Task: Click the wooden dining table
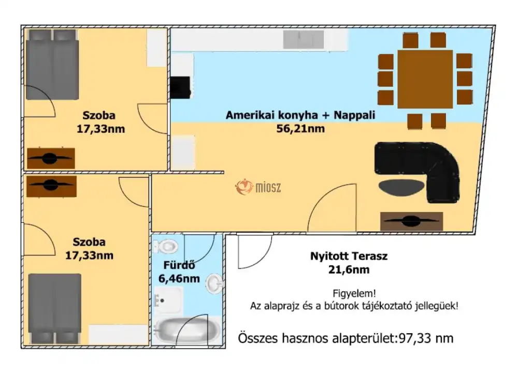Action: coord(425,79)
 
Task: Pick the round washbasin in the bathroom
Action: coord(214,283)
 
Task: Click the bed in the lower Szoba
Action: coord(55,308)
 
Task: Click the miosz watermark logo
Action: coord(258,187)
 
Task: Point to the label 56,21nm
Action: coord(300,129)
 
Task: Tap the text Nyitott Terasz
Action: coord(349,256)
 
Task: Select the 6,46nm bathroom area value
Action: coord(179,279)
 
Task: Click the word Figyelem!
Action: coord(354,293)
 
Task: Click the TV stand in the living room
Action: coord(412,221)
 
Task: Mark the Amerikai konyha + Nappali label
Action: coord(300,115)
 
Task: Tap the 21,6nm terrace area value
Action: coord(349,269)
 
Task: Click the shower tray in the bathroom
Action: coord(168,300)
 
